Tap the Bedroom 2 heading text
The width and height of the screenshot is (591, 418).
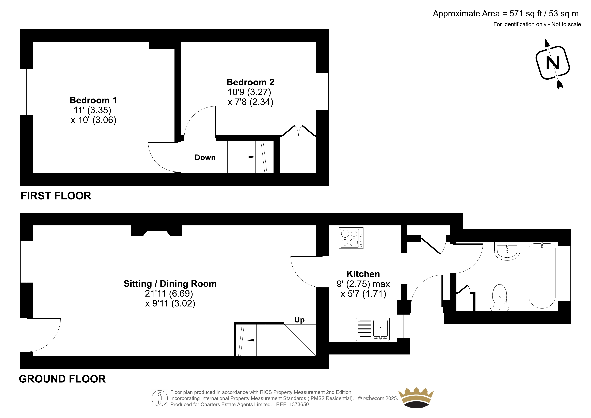(x=250, y=82)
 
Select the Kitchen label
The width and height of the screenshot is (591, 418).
(x=363, y=274)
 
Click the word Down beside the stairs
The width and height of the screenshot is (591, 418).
(x=205, y=157)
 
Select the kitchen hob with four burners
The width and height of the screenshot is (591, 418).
(x=351, y=238)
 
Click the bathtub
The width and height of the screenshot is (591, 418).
(x=542, y=276)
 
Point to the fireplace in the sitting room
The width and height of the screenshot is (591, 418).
(x=157, y=231)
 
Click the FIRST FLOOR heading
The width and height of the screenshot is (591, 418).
(x=56, y=196)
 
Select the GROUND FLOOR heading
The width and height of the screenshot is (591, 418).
(x=62, y=379)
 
